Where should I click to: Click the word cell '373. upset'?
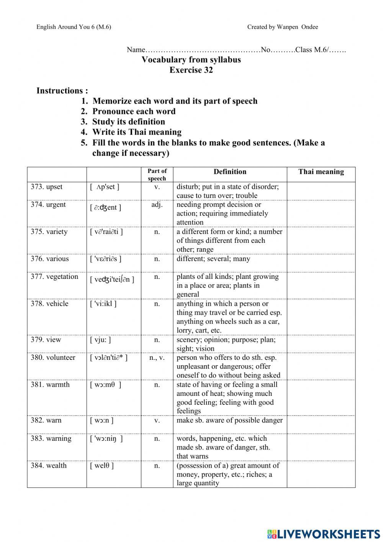click(46, 187)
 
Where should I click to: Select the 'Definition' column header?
click(230, 172)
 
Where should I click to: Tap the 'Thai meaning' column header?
click(321, 172)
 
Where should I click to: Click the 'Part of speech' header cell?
click(157, 175)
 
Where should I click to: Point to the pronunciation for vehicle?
click(103, 304)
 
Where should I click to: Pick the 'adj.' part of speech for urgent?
click(157, 205)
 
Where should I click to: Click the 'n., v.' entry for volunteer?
click(157, 358)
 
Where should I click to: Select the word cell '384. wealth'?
click(49, 466)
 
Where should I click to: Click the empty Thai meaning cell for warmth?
click(321, 397)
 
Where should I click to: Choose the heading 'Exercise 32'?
click(191, 70)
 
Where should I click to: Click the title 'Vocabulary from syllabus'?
click(191, 59)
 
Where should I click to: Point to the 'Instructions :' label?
click(62, 91)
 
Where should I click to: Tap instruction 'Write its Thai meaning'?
click(137, 132)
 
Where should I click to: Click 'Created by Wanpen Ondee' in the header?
click(282, 27)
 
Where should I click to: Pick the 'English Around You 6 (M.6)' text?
click(74, 27)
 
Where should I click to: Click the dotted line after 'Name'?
click(203, 50)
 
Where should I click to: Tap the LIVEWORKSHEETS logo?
click(323, 534)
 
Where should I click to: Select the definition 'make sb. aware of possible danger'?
click(229, 420)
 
